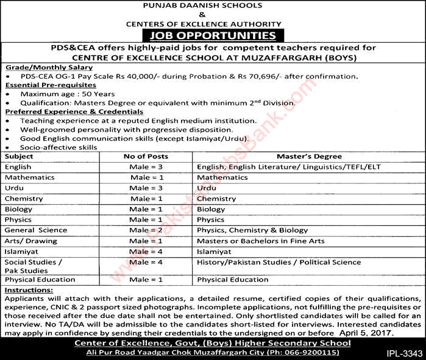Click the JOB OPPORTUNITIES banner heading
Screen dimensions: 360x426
point(213,36)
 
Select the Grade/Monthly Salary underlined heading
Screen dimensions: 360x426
point(48,66)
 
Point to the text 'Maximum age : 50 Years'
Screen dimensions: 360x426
point(68,94)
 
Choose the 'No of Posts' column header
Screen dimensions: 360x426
point(146,157)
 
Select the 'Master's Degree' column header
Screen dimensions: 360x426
point(302,157)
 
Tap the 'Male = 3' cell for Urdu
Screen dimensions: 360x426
point(147,188)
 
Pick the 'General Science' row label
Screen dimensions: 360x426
point(35,230)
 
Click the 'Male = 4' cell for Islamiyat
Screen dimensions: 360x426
point(147,251)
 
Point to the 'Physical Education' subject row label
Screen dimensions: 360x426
point(40,280)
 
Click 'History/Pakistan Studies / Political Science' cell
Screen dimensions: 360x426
point(279,262)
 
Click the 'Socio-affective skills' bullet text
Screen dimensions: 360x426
point(58,147)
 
